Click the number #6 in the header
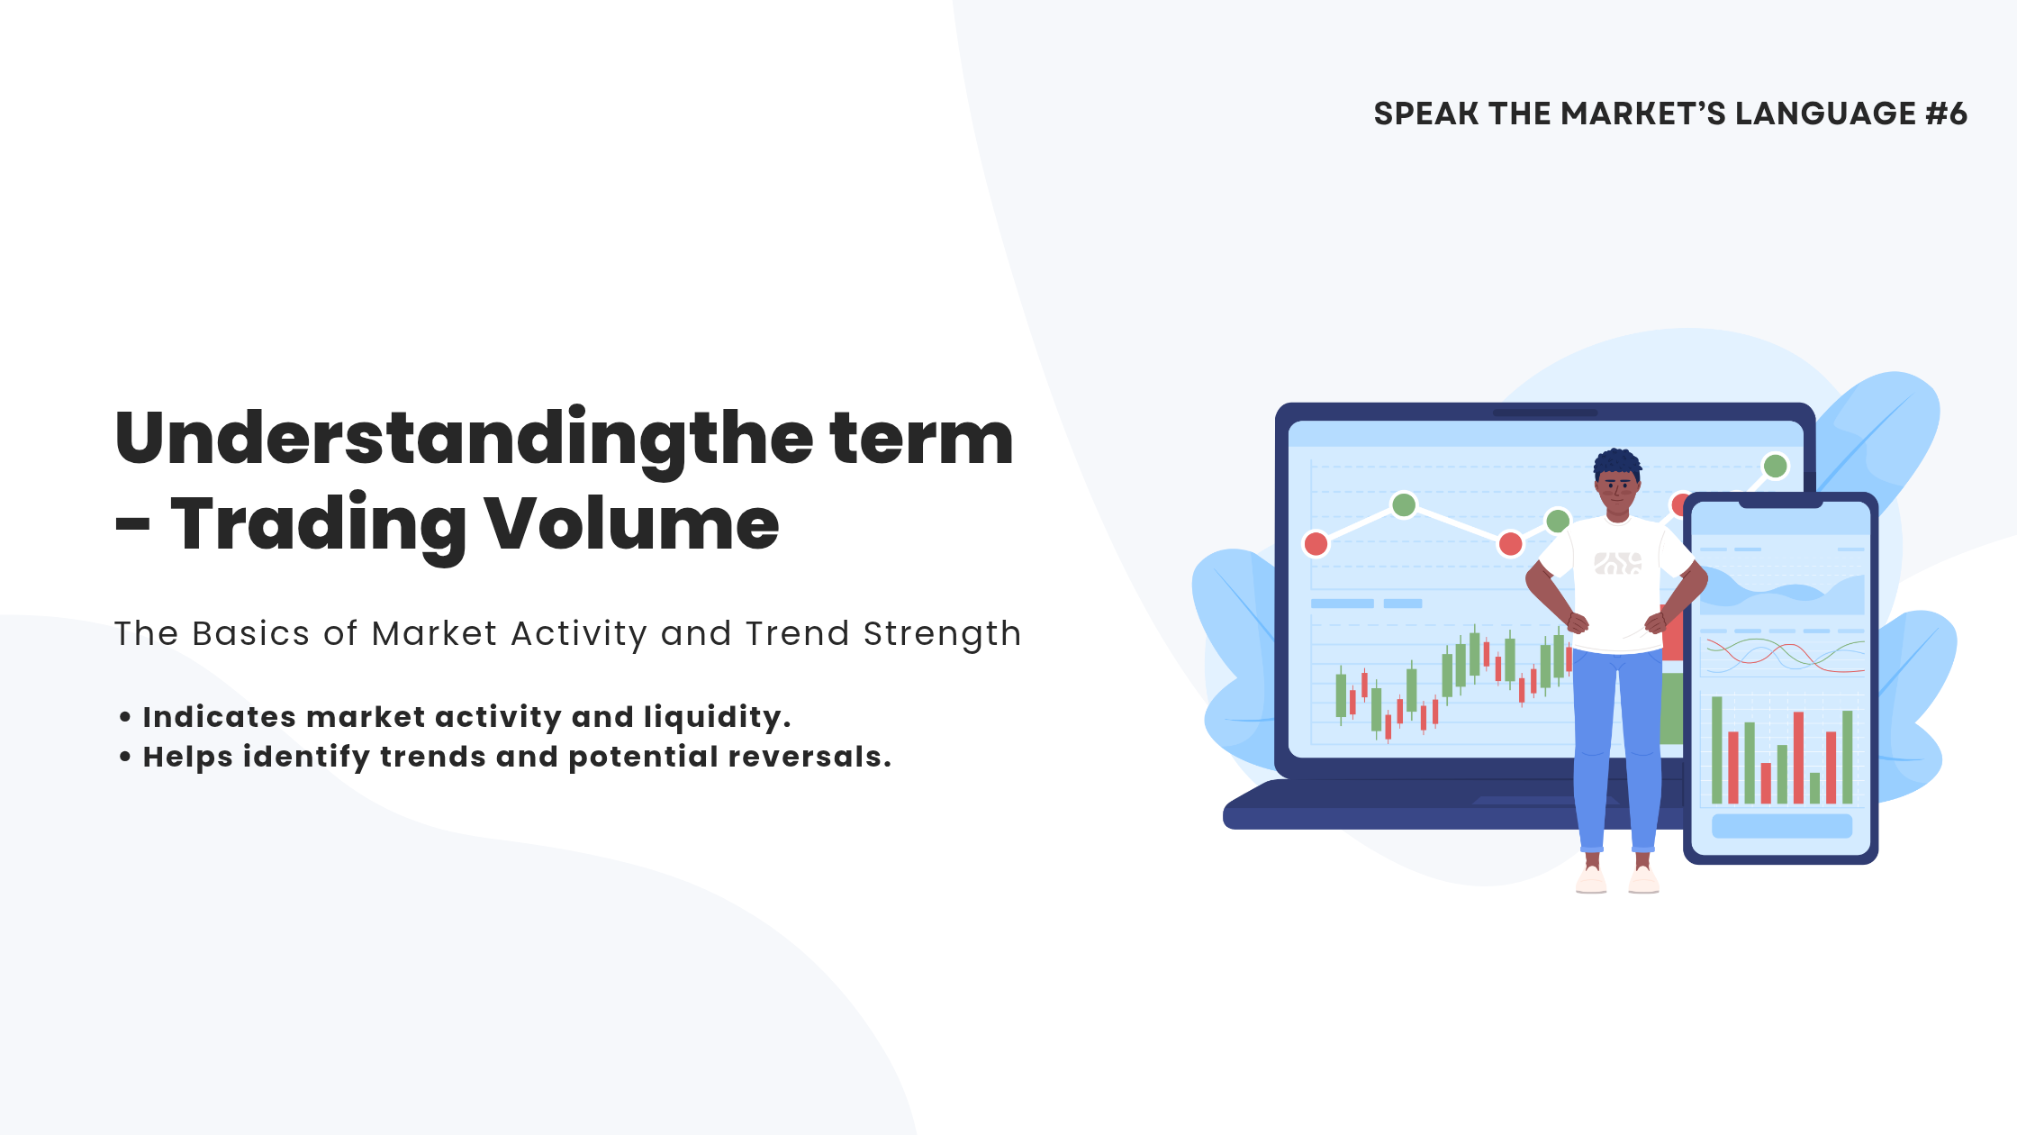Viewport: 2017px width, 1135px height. click(x=1946, y=113)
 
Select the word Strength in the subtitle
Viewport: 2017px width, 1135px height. click(x=942, y=635)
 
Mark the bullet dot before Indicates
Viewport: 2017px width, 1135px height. click(x=125, y=717)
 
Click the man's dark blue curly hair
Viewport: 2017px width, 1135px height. click(x=1617, y=463)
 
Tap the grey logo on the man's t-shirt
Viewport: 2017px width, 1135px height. click(x=1617, y=563)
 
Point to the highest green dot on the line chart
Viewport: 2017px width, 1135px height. click(x=1775, y=466)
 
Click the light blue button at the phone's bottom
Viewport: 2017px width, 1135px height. click(x=1781, y=826)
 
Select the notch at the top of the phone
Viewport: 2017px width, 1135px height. click(x=1781, y=503)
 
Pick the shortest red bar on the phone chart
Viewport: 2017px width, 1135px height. click(x=1766, y=783)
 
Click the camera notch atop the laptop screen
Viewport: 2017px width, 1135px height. click(x=1545, y=413)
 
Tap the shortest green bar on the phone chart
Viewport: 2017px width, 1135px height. click(x=1814, y=788)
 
